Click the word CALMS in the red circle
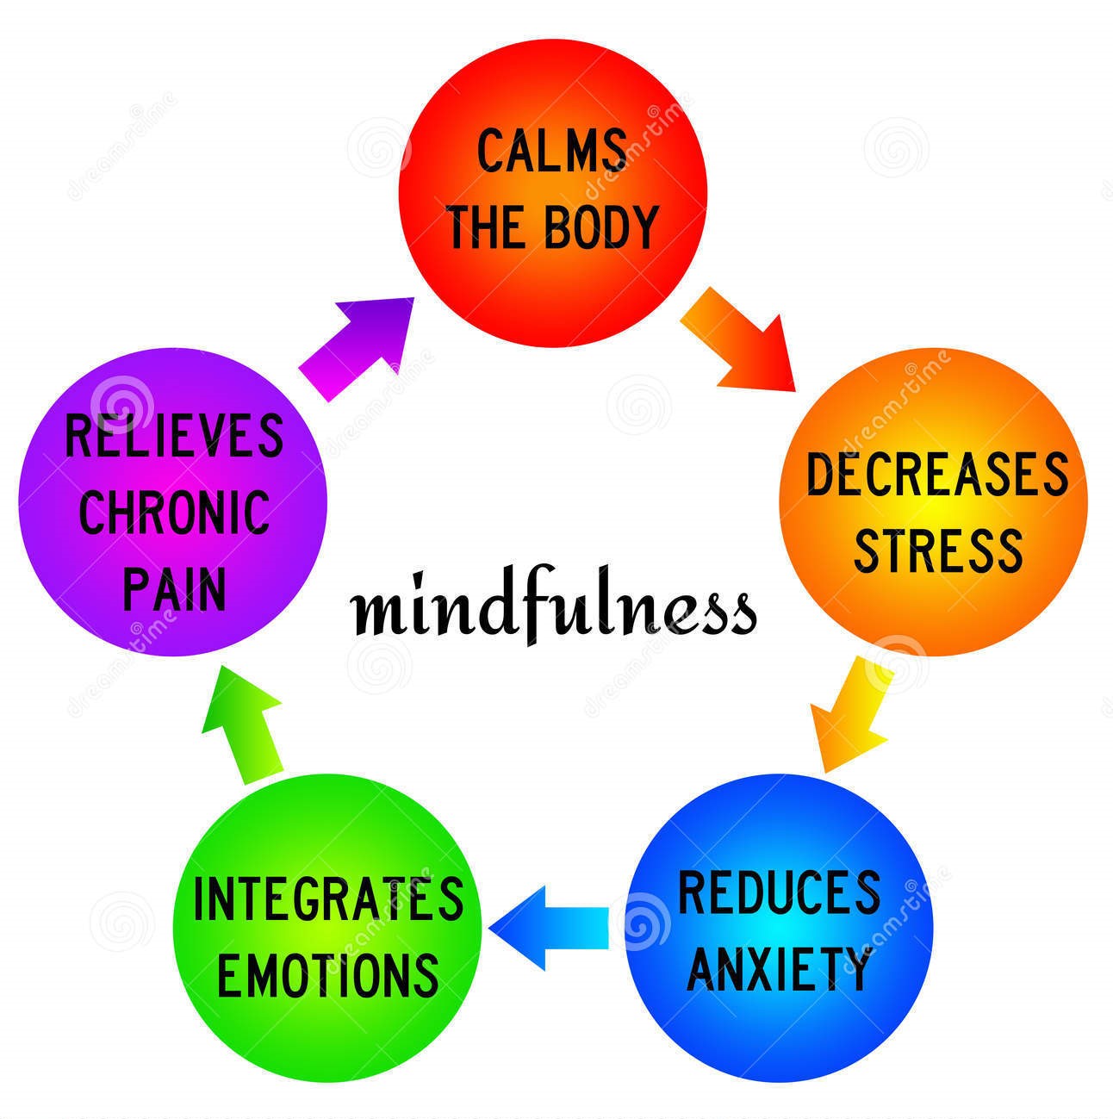551,151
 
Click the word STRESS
938,550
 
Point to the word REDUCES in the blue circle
779,892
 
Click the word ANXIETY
779,968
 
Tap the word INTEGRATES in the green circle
328,898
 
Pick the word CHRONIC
174,512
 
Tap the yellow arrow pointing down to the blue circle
849,716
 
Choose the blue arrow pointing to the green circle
548,929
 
